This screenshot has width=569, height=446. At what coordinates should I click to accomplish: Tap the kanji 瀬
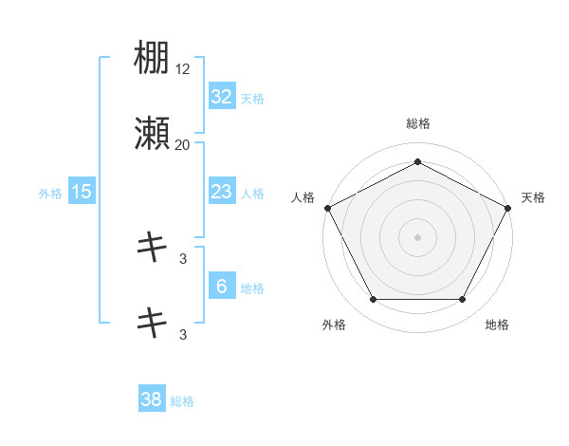(153, 135)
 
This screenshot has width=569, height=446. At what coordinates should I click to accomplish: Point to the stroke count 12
(184, 69)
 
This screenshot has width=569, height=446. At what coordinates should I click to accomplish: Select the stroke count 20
(182, 144)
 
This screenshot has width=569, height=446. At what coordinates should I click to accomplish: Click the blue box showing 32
(222, 97)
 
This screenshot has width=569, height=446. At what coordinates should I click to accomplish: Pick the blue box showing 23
(222, 192)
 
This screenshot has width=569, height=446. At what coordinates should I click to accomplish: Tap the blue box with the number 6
(222, 287)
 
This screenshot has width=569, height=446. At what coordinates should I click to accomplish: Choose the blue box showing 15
(82, 192)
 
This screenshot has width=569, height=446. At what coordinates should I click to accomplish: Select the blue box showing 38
(152, 400)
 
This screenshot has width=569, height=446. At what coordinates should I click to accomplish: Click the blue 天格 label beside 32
(252, 98)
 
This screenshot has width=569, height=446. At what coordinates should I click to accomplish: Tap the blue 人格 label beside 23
(252, 193)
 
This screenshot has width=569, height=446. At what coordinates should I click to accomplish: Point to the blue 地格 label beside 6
(252, 288)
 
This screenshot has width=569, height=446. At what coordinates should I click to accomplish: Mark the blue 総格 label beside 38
(182, 400)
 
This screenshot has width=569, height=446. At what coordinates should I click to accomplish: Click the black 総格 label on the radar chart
(417, 123)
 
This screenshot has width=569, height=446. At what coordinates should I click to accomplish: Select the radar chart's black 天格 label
(533, 196)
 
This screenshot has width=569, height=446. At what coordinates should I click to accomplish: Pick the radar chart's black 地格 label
(497, 325)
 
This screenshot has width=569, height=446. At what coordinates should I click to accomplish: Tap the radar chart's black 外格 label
(334, 325)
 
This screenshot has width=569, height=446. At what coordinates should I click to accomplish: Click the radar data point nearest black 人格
(327, 207)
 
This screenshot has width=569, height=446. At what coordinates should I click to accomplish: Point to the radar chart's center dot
(417, 236)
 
